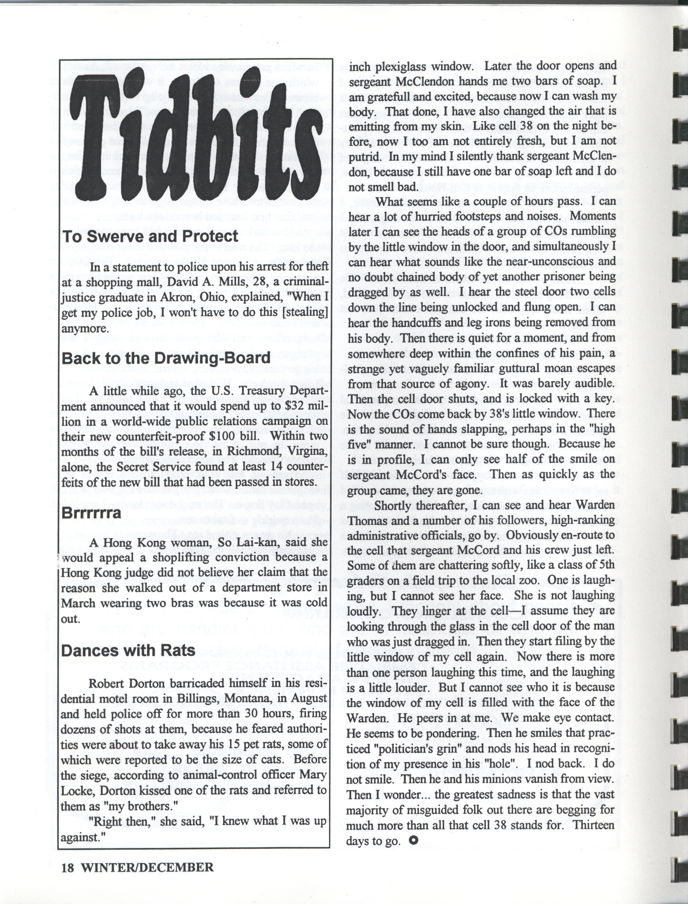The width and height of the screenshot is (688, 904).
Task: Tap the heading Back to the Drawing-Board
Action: pos(166,358)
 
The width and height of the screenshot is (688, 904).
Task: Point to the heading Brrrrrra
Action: pos(91,513)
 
